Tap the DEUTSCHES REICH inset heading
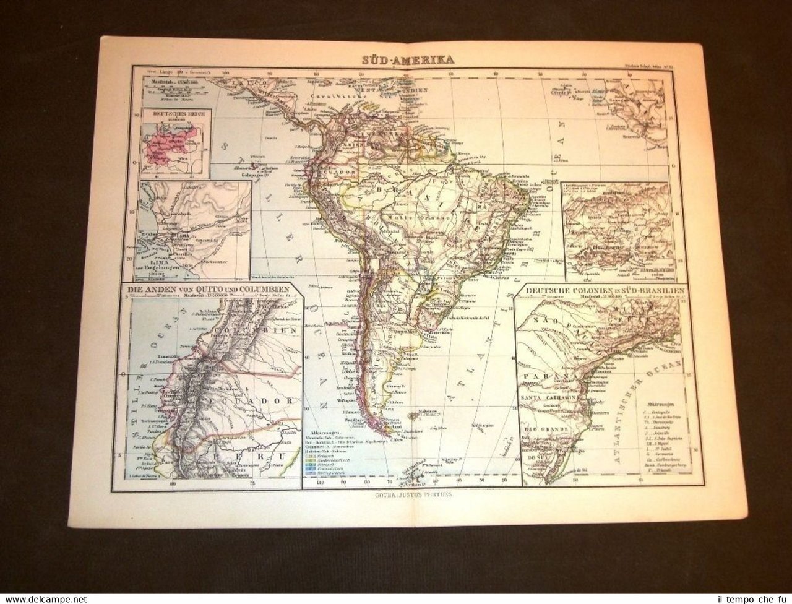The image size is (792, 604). point(177,114)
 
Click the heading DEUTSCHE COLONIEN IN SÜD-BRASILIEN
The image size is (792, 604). point(599,288)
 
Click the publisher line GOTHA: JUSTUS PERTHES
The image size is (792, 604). point(404,494)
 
